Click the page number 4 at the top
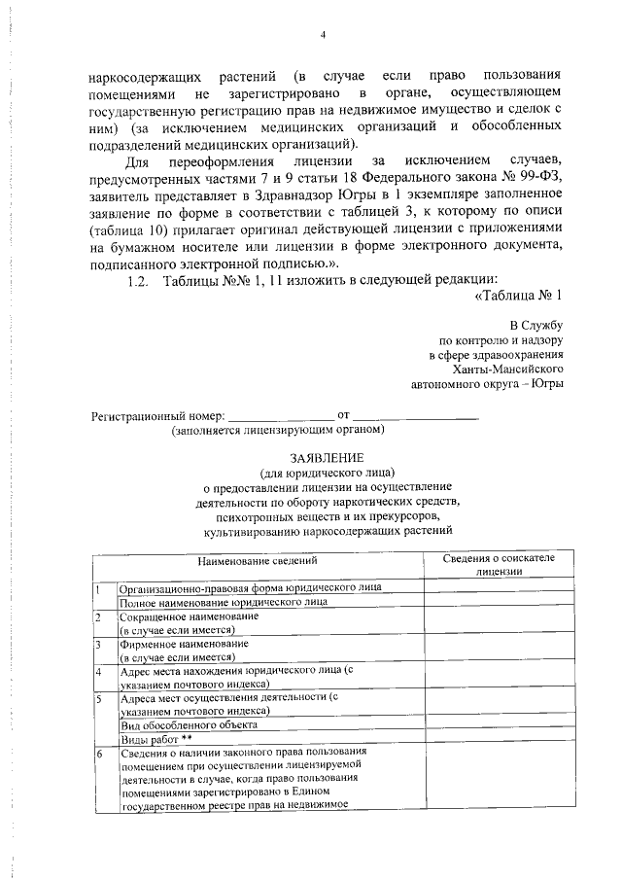pyautogui.click(x=323, y=36)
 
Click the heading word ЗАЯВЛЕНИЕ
pyautogui.click(x=325, y=458)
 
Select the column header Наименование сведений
pyautogui.click(x=258, y=561)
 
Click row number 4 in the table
pyautogui.click(x=98, y=672)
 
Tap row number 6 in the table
pyautogui.click(x=98, y=754)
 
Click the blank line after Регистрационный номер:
pyautogui.click(x=280, y=415)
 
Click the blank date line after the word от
pyautogui.click(x=416, y=415)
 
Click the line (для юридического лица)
pyautogui.click(x=325, y=472)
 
